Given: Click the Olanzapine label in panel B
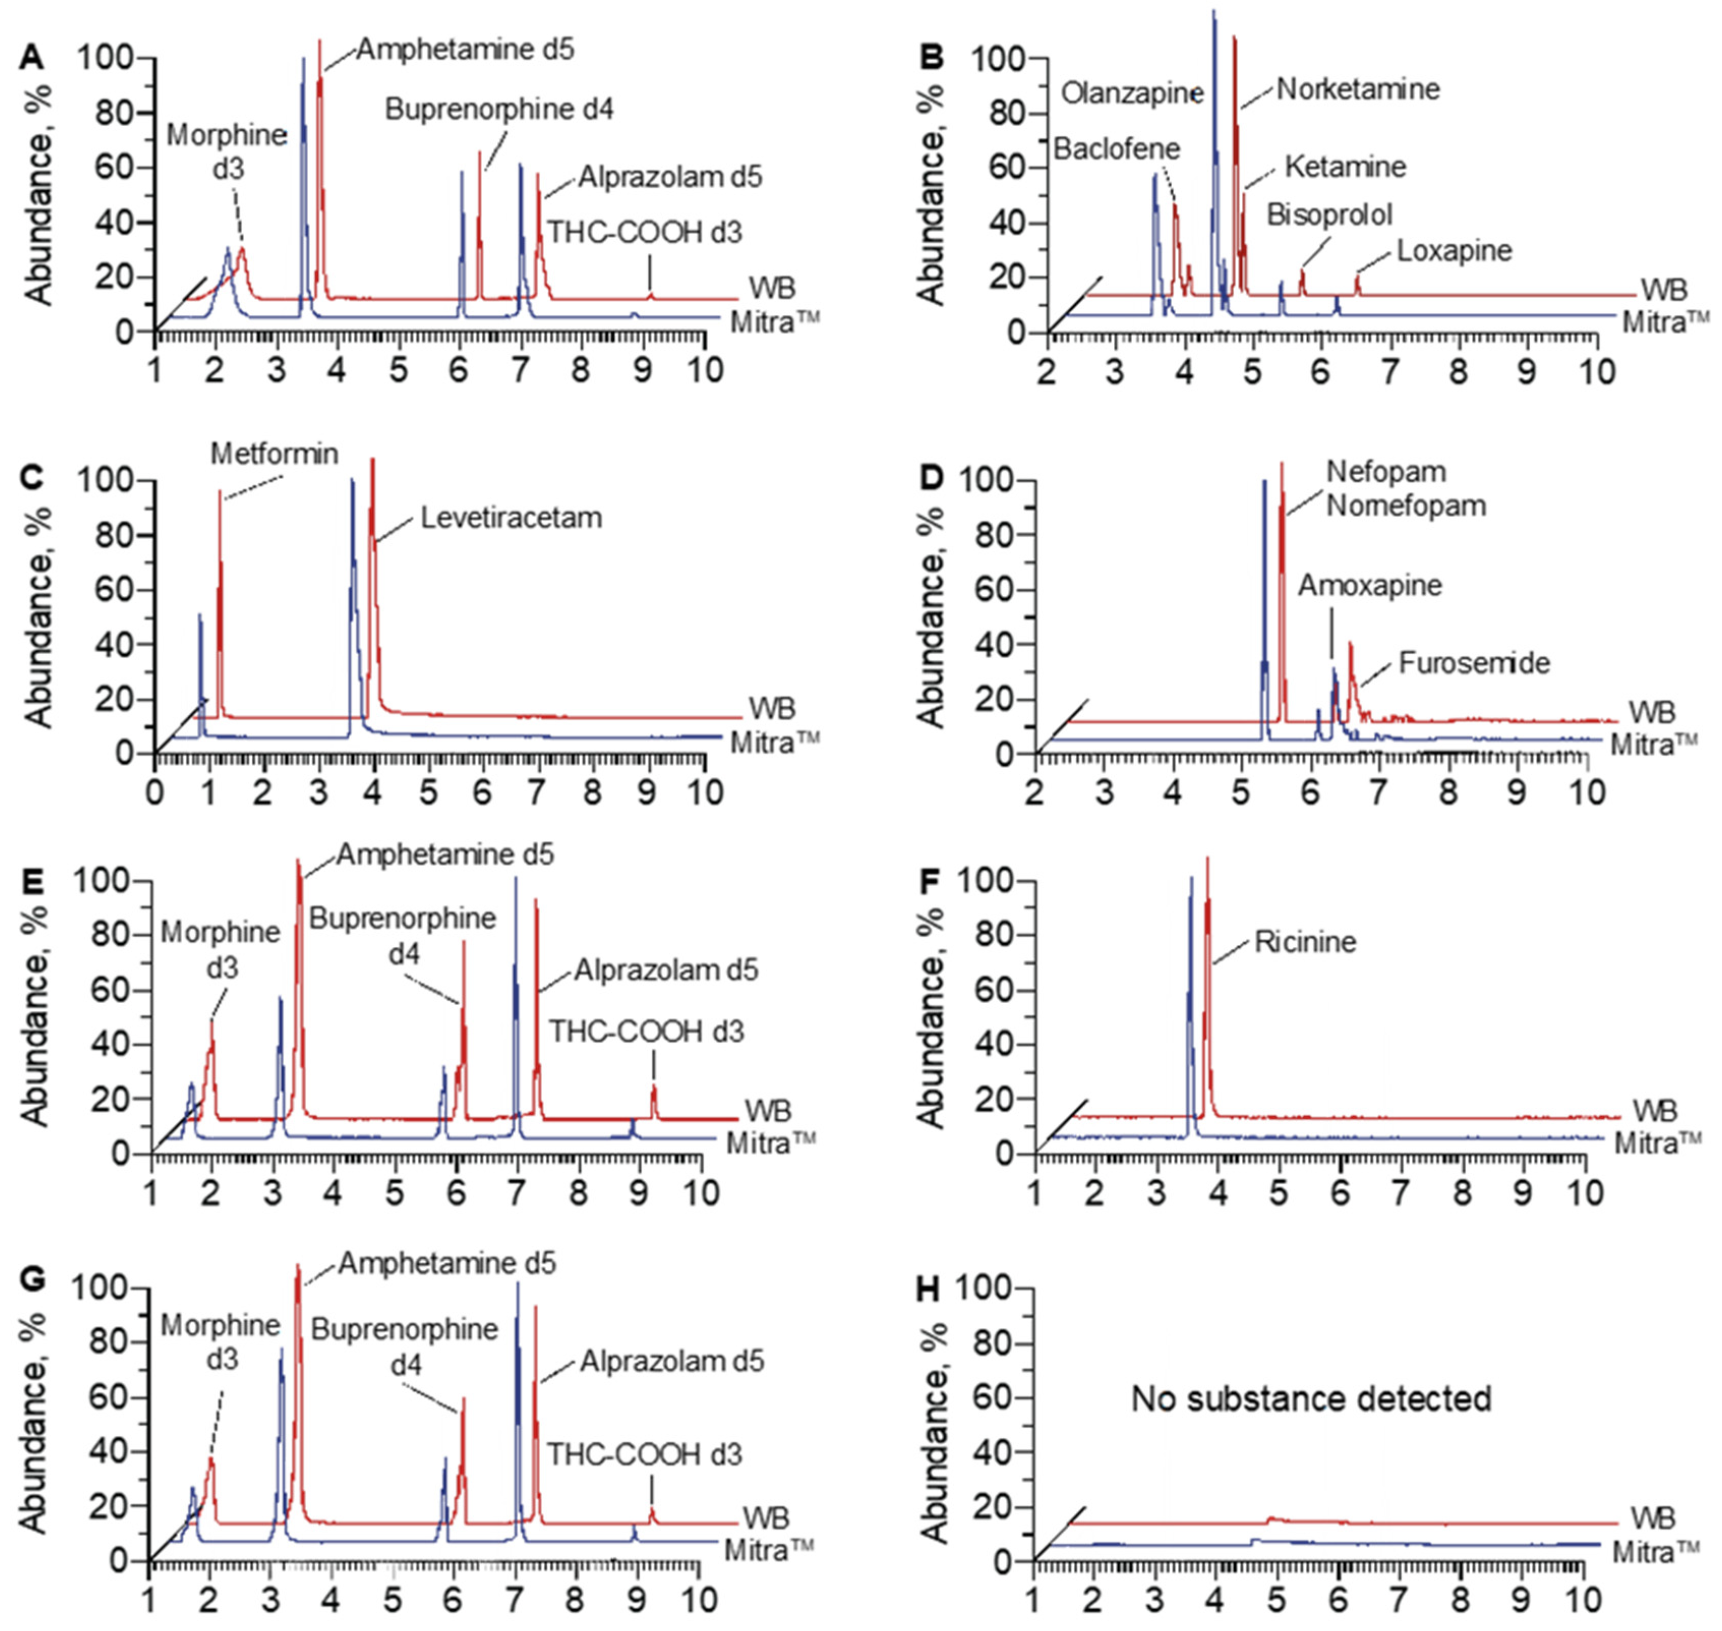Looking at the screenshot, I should (1132, 93).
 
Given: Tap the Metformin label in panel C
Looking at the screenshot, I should (275, 454).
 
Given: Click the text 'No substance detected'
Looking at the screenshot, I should (1311, 1399).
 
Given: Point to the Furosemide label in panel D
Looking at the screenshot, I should (1474, 663).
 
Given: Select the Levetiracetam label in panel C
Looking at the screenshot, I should (511, 518).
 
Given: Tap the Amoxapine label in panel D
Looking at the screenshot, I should (1370, 585).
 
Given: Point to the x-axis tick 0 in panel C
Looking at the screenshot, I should (155, 793).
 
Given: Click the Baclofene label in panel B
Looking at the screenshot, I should (1116, 149).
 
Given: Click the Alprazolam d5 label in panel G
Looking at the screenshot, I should (672, 1361).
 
